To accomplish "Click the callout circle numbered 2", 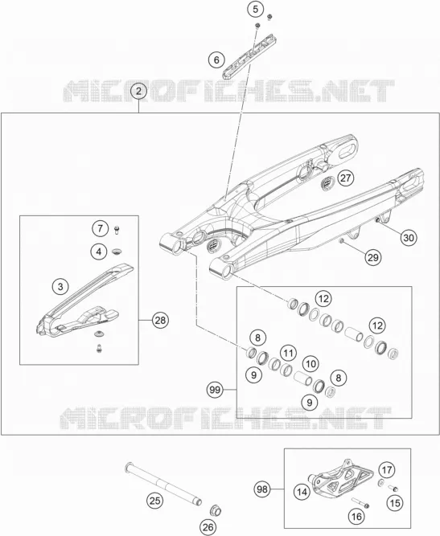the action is (138, 91).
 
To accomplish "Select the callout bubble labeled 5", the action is (256, 9).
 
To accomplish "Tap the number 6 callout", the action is (216, 59).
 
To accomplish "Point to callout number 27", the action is (346, 178).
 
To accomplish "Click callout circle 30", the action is (409, 237).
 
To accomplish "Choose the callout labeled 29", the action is (372, 257).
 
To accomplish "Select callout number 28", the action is (160, 321).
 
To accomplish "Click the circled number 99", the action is (216, 390).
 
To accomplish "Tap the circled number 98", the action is (262, 489).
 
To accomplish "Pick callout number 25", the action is (155, 501).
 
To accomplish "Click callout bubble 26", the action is (208, 527).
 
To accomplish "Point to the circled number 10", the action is (310, 363).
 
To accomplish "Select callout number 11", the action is (288, 353).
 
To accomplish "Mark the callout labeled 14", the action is (302, 492).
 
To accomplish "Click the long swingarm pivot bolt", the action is (163, 483).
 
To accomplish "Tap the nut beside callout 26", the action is (216, 510).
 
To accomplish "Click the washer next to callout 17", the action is (380, 483).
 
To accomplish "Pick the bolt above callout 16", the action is (360, 502).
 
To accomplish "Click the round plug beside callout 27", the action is (327, 183).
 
